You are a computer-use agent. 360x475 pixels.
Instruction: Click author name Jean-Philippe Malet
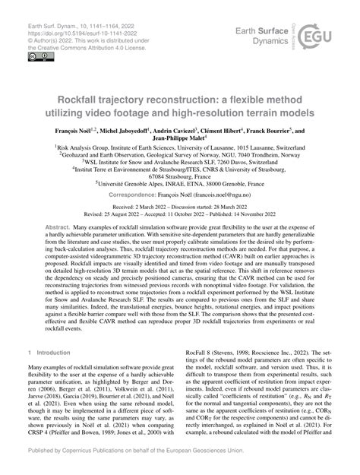pos(179,141)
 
